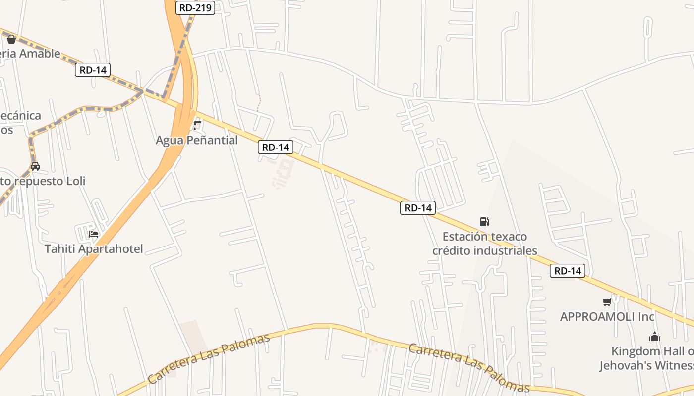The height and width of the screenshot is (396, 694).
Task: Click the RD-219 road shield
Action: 196,8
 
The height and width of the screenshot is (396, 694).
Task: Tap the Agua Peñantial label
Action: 197,140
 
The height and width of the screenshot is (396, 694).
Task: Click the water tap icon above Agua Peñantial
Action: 197,126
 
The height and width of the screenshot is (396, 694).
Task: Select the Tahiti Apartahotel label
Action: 94,248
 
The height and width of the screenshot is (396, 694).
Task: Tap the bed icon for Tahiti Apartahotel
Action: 94,234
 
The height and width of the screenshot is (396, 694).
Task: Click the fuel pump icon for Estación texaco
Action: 484,222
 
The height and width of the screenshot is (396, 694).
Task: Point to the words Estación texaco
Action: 484,237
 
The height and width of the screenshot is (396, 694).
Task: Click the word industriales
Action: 505,250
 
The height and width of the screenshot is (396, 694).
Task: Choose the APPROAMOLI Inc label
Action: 607,316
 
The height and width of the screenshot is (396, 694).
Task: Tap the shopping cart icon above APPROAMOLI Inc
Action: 607,302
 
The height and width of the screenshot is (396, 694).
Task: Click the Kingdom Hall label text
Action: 652,351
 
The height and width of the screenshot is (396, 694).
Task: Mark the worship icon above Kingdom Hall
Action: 654,337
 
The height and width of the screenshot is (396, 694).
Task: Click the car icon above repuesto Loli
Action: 35,166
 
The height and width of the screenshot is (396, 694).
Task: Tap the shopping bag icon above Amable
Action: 11,39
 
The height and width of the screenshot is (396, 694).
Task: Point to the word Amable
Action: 39,54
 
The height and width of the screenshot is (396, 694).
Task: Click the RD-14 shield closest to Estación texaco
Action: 418,208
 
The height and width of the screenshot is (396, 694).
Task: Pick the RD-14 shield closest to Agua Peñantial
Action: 275,147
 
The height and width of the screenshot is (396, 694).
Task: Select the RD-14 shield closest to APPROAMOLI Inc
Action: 568,271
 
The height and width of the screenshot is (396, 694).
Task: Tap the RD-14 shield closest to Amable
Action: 93,70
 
